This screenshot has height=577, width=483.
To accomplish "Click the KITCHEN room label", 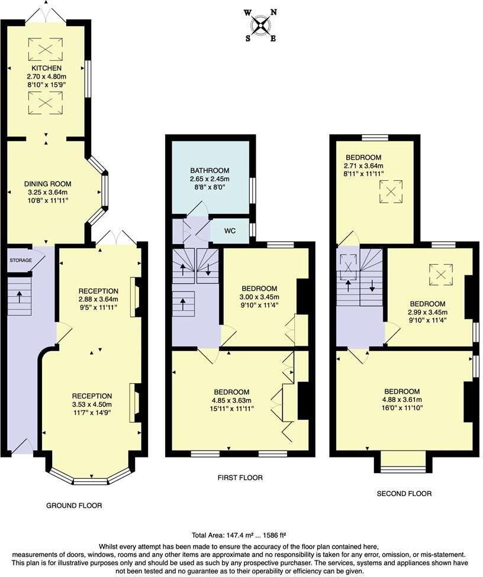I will [x=46, y=69].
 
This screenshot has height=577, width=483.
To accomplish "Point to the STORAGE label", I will [x=20, y=260].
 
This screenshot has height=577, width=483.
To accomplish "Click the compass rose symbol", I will [x=261, y=25].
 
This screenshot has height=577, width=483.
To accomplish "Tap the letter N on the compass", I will [x=273, y=12].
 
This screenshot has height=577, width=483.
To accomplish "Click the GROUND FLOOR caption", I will [x=74, y=505].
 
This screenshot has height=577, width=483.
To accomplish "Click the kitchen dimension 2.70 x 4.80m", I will [x=46, y=77].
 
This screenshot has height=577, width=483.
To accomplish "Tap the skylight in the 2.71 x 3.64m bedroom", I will [x=391, y=190].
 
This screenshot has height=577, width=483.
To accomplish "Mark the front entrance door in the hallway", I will [x=21, y=447].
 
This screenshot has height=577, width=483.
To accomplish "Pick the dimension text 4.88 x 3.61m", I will [x=402, y=400].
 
